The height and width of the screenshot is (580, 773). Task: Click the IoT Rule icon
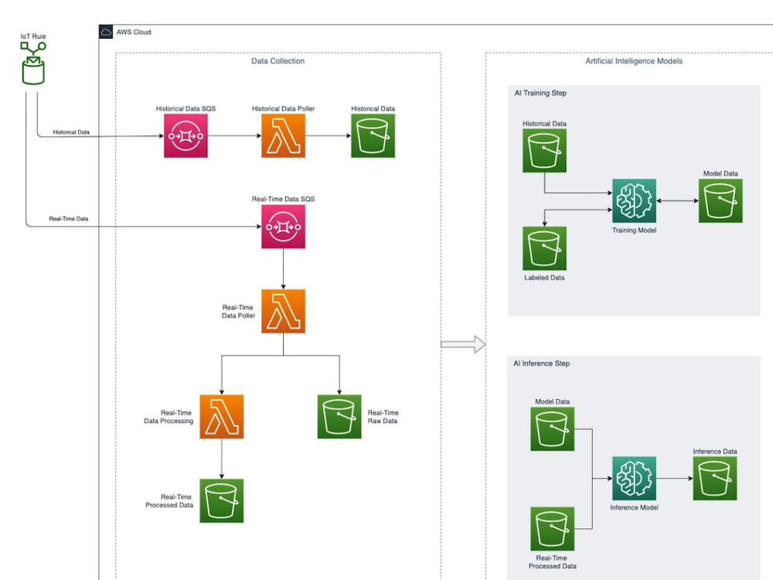pos(33,63)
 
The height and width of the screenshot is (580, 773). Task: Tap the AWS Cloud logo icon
pos(105,32)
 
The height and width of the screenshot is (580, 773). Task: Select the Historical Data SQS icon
pos(186,135)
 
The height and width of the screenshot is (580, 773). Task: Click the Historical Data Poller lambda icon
pos(283,135)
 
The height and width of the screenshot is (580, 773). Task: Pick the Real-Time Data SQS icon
pos(283,227)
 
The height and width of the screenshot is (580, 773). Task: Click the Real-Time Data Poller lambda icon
pos(283,311)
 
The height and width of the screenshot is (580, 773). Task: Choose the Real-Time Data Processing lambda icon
pos(221,416)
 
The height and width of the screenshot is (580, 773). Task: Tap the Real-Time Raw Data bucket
pos(339,416)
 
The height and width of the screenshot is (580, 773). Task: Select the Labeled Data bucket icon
pos(544,248)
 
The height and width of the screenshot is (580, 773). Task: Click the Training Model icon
pos(634,201)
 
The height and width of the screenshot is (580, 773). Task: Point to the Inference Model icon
pos(634,479)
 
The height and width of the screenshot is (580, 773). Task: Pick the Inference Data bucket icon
pos(715,479)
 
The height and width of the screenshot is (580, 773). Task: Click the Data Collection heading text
pos(278,61)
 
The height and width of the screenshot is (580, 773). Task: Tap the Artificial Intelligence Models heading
pos(634,61)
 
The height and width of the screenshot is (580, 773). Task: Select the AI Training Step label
pos(540,94)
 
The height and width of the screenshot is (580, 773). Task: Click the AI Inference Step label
pos(541,363)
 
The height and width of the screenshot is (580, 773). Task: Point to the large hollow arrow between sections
pos(463,344)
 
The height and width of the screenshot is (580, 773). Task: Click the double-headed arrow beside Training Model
pos(677,201)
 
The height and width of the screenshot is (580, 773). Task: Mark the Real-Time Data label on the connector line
pos(69,219)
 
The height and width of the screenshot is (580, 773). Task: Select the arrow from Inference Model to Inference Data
pos(674,479)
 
